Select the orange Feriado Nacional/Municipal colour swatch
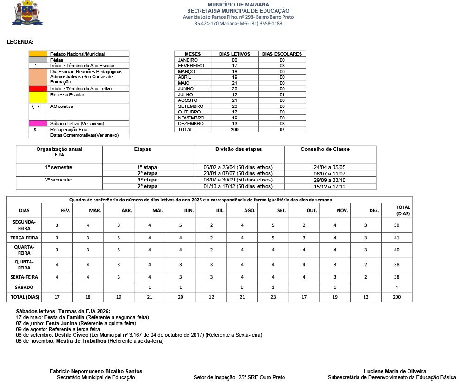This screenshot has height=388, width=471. [38, 54]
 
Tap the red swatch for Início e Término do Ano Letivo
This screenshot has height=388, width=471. [38, 89]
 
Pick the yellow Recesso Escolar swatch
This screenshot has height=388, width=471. [38, 97]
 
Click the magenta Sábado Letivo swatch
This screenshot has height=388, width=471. [38, 124]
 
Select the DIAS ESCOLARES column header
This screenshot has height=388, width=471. [282, 54]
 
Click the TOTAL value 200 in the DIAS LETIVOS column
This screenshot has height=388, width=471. [234, 130]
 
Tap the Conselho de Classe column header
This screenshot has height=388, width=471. [325, 150]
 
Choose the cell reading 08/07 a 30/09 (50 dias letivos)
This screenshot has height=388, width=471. [238, 180]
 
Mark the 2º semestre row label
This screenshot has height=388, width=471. [59, 180]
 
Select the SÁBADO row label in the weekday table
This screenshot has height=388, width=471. [24, 287]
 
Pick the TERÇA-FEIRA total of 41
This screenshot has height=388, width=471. [396, 238]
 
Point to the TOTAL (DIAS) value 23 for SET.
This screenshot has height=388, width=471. [273, 296]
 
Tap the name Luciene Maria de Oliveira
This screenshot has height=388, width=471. [395, 371]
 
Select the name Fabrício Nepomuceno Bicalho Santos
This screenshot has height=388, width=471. [96, 371]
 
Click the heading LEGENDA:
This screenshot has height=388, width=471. [20, 42]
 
